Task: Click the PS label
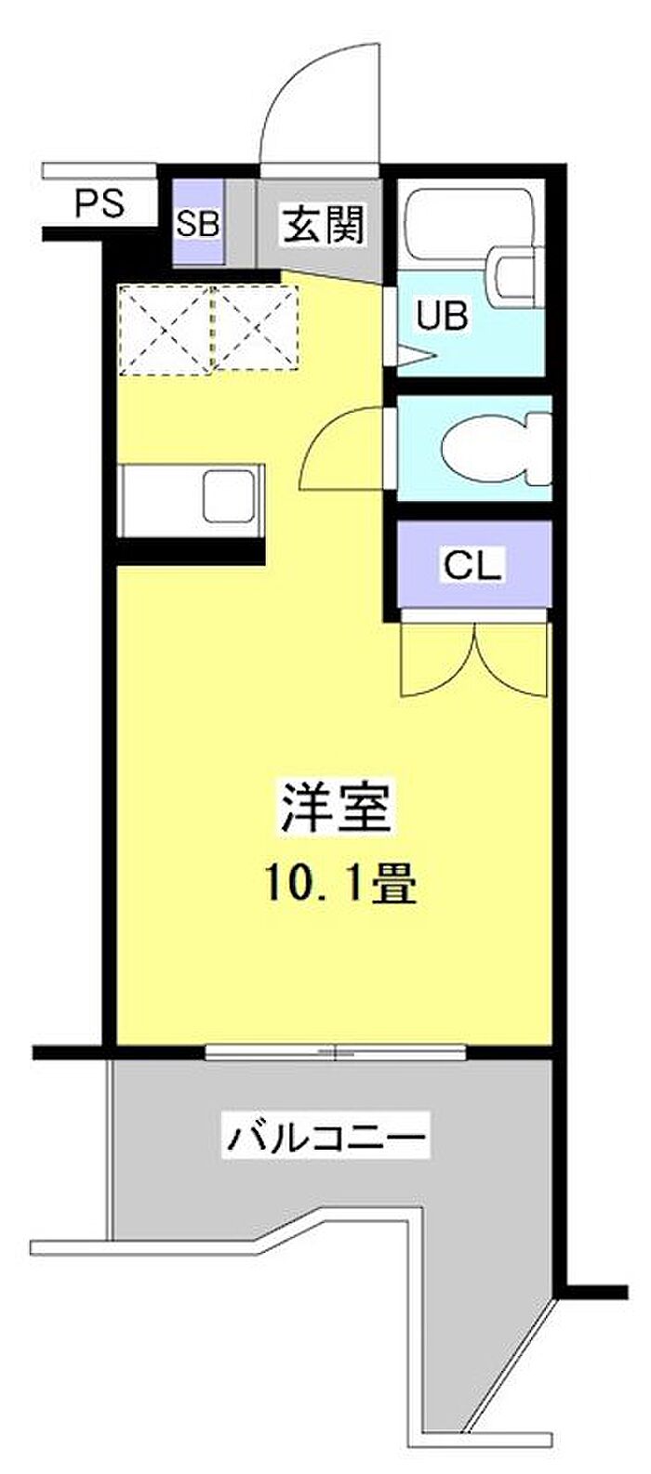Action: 99,204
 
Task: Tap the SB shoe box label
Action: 197,225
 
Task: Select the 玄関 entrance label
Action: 324,225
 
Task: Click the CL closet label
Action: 472,564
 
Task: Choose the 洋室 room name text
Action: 335,806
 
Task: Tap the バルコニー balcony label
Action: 326,1137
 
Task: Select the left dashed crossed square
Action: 166,329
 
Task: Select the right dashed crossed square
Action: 256,327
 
